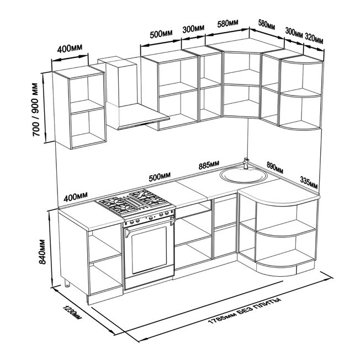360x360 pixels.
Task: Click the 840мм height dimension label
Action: point(43,252)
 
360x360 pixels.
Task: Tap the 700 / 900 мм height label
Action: point(36,109)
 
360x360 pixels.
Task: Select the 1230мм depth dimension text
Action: point(72,313)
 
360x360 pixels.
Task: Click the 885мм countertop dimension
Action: point(209,165)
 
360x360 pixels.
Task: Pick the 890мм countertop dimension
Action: point(275,167)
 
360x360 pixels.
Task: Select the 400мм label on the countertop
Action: point(76,197)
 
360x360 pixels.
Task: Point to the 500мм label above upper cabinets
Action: point(161,34)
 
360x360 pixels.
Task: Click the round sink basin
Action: point(243,176)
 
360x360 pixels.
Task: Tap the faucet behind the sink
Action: point(246,163)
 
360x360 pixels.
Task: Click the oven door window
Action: point(149,250)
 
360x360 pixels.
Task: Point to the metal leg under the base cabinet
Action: point(67,283)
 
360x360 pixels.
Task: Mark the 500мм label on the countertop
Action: point(160,177)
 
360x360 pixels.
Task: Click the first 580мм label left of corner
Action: point(227,23)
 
